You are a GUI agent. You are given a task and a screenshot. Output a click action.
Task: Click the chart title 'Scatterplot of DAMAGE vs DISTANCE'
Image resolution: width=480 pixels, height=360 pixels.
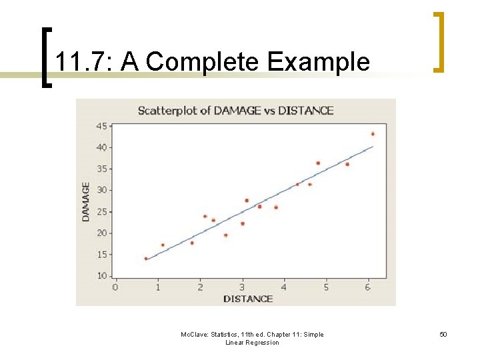point(235,111)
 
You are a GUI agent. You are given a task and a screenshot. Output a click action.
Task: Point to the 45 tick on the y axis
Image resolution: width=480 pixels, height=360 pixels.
point(102,126)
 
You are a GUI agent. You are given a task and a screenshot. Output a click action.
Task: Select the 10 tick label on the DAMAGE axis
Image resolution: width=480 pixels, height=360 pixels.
point(102,276)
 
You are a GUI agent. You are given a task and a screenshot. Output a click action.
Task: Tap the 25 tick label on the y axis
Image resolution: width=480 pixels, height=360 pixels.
point(102,211)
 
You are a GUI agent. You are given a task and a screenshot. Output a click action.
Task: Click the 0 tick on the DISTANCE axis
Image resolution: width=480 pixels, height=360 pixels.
point(115,287)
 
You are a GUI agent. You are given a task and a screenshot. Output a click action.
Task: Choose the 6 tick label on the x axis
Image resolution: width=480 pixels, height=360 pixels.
point(368,287)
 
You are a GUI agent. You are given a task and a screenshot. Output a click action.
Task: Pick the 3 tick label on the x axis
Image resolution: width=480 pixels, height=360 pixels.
point(242,287)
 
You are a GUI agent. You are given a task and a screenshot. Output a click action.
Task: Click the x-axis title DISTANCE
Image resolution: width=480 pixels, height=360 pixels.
point(247,299)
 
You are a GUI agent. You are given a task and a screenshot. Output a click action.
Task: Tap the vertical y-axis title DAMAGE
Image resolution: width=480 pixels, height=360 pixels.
point(86,202)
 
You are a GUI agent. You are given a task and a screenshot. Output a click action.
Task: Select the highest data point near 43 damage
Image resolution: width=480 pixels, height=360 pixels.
point(373,134)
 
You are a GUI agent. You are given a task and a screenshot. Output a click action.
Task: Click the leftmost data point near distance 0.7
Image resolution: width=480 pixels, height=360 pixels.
point(146,259)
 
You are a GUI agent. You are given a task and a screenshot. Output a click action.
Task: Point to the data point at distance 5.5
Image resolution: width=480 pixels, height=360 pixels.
point(347,164)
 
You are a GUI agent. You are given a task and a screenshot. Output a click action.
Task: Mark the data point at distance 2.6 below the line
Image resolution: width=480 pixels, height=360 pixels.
point(225,235)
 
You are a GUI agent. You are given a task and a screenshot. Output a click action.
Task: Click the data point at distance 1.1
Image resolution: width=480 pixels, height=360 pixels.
point(163,245)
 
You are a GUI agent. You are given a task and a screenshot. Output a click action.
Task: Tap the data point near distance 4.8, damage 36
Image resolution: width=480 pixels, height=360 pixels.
point(318,163)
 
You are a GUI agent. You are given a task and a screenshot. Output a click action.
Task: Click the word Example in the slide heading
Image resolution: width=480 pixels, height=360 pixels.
point(318,62)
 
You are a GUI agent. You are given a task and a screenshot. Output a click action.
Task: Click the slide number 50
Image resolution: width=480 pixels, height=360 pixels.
point(443,335)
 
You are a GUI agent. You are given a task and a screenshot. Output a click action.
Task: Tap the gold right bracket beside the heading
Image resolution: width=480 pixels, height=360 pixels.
point(439,41)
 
